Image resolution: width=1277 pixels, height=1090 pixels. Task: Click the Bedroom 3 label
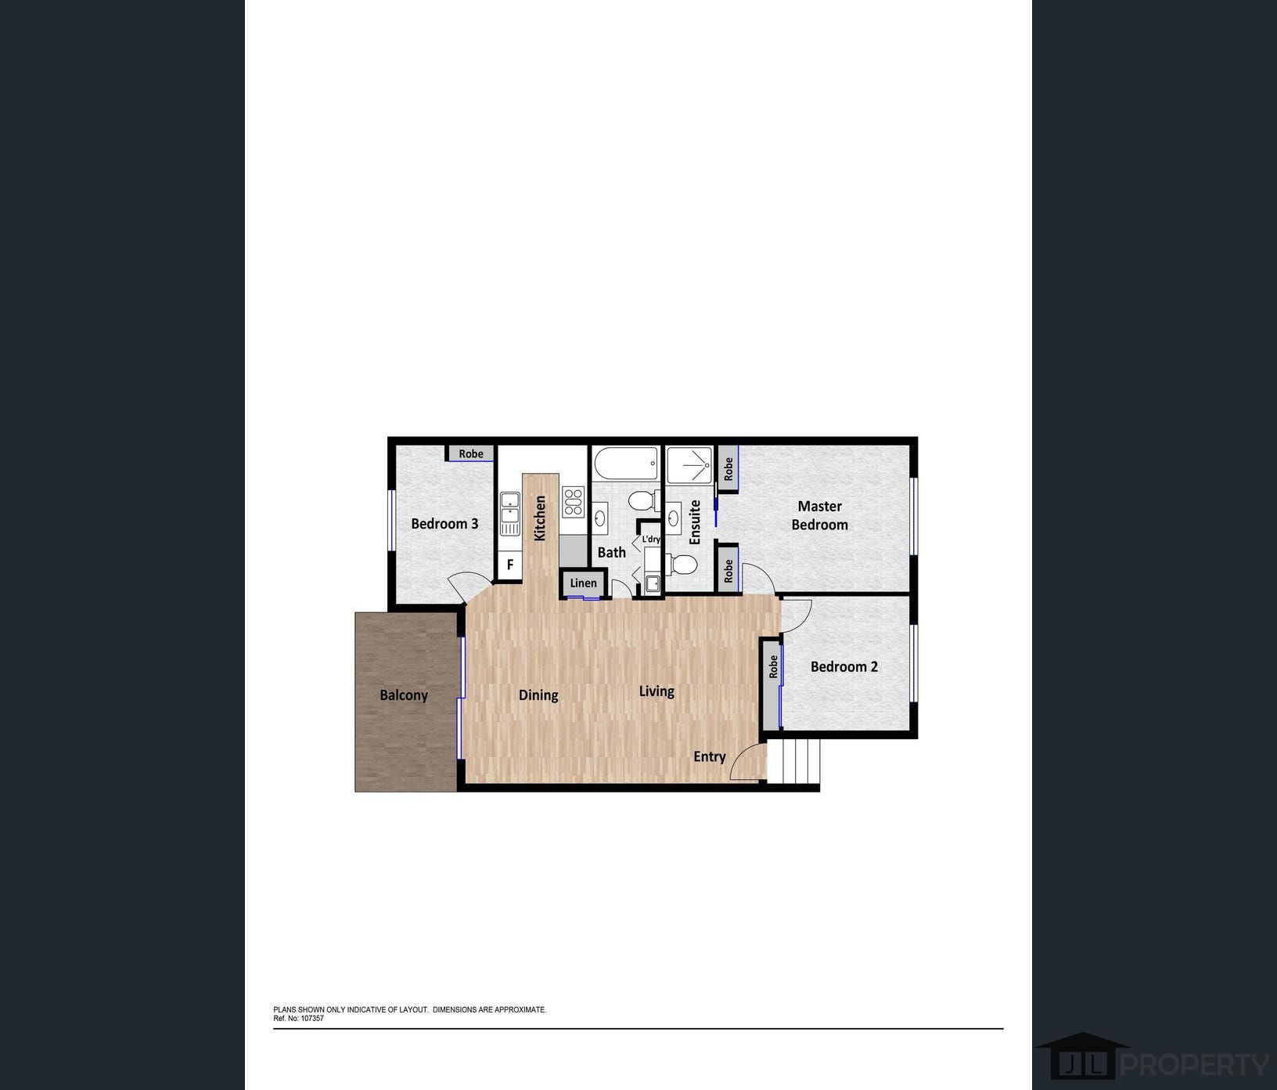(x=444, y=523)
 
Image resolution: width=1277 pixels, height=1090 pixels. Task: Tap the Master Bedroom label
(x=819, y=515)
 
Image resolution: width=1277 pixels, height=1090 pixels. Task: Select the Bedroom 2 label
(x=844, y=666)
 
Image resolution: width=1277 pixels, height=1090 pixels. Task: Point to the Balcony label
(x=404, y=695)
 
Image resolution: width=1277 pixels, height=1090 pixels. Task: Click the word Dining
(x=538, y=695)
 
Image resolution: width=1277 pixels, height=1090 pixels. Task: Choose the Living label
(x=656, y=691)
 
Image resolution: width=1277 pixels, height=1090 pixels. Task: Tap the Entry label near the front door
(x=709, y=756)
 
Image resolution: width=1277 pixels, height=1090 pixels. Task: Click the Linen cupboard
(x=583, y=583)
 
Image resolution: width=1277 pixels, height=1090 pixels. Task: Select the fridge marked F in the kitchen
(x=510, y=564)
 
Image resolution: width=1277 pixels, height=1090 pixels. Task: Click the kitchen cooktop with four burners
(x=573, y=502)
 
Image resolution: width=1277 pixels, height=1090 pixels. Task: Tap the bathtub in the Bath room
(x=626, y=463)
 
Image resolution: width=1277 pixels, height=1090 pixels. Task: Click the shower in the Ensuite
(x=689, y=465)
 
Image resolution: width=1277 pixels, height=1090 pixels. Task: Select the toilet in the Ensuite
(x=683, y=564)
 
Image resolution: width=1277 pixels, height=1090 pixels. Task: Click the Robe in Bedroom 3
(x=470, y=453)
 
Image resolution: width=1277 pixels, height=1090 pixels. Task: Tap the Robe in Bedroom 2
(x=772, y=667)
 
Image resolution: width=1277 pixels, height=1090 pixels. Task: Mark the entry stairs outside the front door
(x=793, y=760)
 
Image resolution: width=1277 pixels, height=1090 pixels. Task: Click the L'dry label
(x=651, y=540)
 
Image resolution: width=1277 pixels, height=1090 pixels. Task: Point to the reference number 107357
(x=311, y=1019)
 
